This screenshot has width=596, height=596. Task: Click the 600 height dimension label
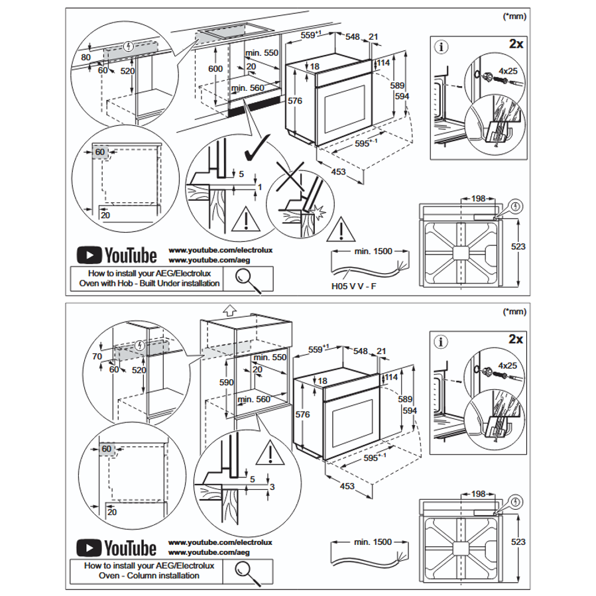tap(216, 70)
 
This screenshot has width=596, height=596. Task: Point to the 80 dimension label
tap(86, 57)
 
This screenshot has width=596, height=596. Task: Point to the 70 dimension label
tap(97, 357)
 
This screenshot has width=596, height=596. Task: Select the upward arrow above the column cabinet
tap(229, 308)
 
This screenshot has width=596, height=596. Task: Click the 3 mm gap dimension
tap(271, 488)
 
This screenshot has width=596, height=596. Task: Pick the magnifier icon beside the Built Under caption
tap(247, 278)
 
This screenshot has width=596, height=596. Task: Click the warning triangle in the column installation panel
tap(270, 453)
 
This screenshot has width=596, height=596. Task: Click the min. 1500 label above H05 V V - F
tap(373, 251)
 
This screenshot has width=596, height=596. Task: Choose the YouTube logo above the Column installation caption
tap(116, 548)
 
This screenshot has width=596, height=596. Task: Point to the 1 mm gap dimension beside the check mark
tap(260, 188)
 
